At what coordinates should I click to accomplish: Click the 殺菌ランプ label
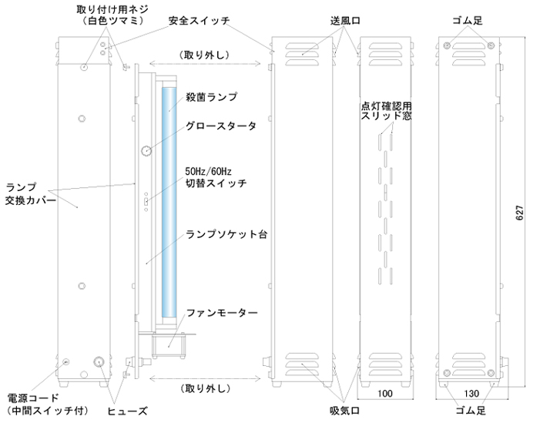pos(211,97)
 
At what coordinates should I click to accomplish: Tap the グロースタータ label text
pos(221,126)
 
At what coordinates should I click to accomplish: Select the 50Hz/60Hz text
pos(208,171)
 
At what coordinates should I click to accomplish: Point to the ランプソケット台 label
pos(226,234)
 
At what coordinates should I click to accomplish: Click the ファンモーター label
pos(222,313)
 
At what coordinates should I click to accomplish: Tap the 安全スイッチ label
pos(199,21)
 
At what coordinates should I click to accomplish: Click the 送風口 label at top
pos(345,21)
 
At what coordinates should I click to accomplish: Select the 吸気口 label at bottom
pos(345,411)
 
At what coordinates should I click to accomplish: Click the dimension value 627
pos(520,213)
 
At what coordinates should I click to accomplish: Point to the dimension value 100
pos(384,394)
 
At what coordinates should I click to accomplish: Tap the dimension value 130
pos(471,394)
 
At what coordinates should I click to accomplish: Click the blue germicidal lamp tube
pos(169,202)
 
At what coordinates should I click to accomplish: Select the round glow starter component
pos(146,150)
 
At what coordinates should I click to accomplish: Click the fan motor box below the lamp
pos(169,345)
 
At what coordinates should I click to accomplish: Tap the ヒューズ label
pos(127,411)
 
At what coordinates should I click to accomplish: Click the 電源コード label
pos(33,398)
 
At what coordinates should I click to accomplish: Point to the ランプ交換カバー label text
pos(30,193)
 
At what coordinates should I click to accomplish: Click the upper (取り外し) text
pos(205,55)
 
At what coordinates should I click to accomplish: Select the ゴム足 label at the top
pos(467,21)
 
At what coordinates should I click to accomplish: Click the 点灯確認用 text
pos(386,106)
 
